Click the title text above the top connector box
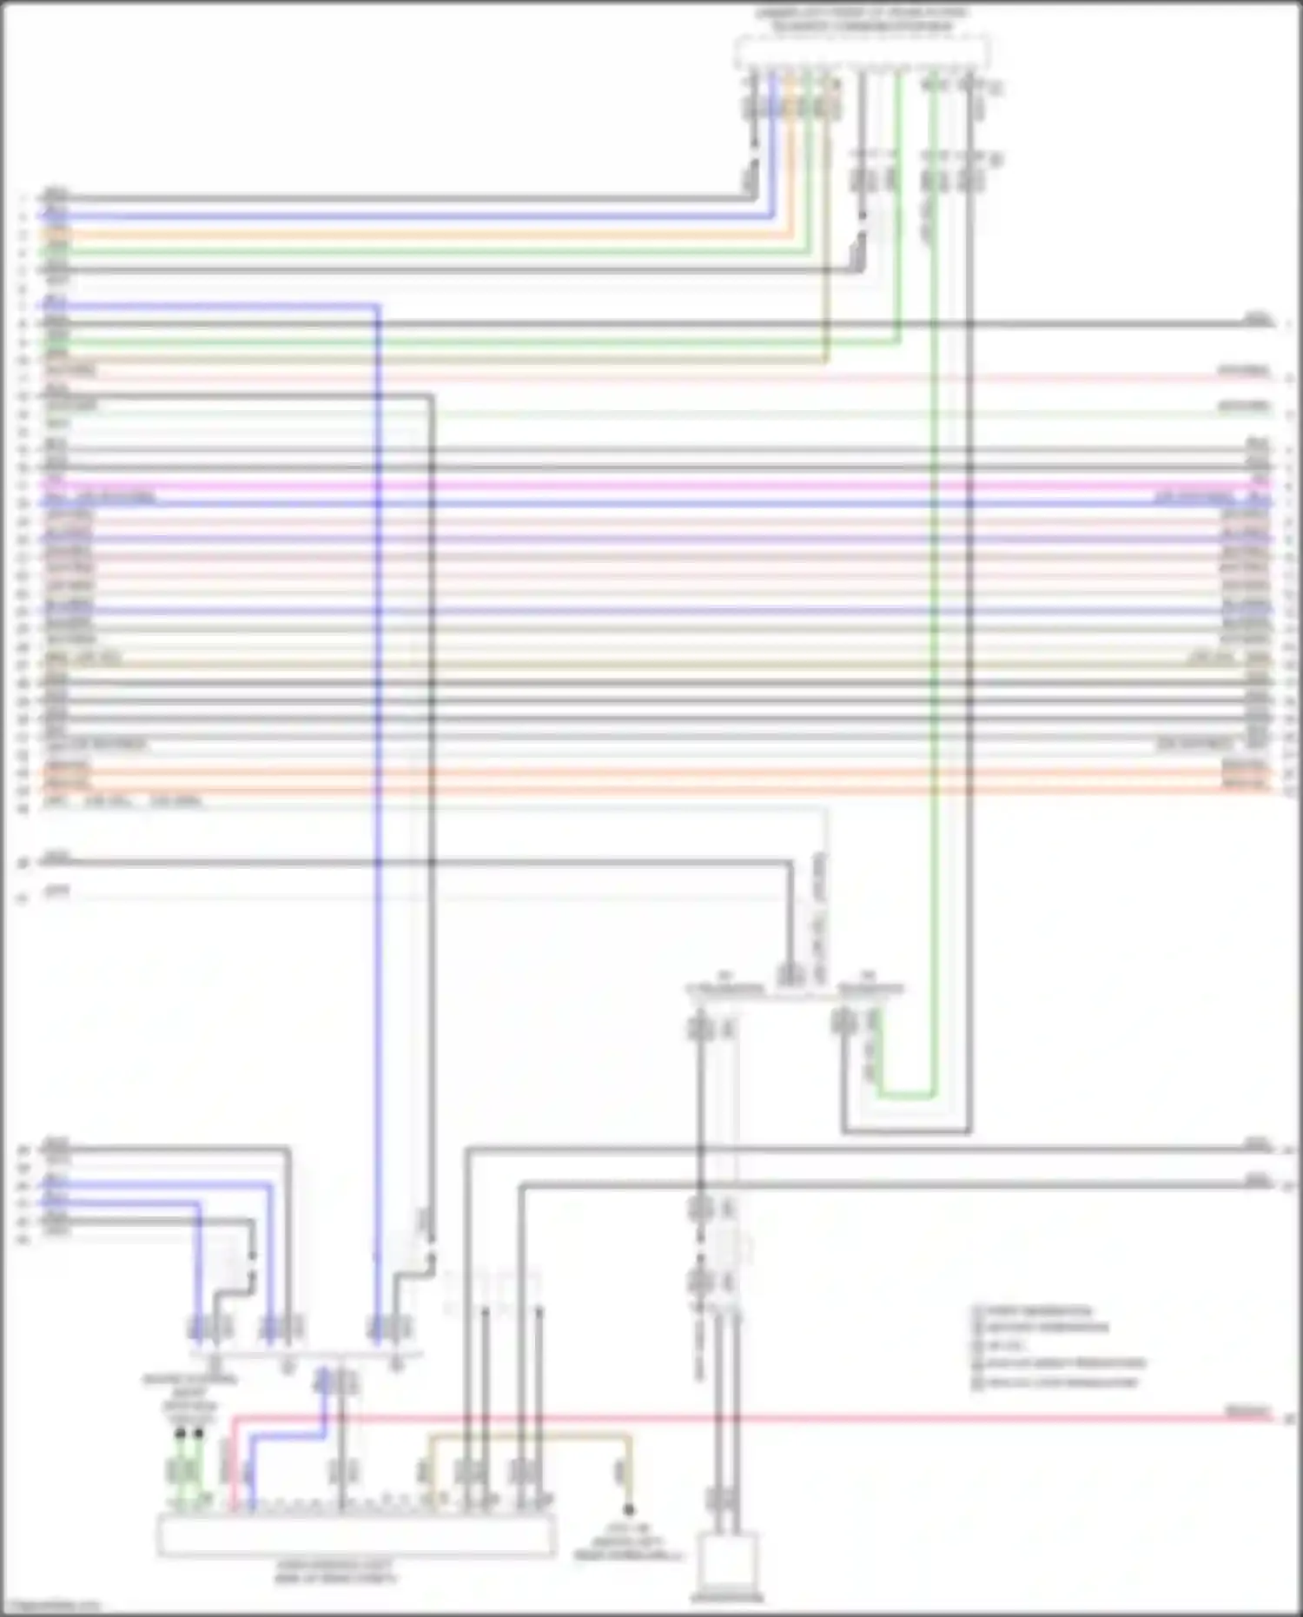(861, 20)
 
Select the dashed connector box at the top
(861, 52)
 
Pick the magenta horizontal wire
(660, 486)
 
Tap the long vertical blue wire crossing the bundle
(378, 869)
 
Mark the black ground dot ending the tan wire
(628, 1510)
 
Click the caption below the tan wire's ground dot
(628, 1541)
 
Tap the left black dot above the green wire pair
(180, 1432)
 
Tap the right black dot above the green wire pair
(199, 1432)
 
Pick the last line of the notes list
(1055, 1382)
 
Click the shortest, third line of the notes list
(1008, 1346)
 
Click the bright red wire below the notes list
(782, 1418)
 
